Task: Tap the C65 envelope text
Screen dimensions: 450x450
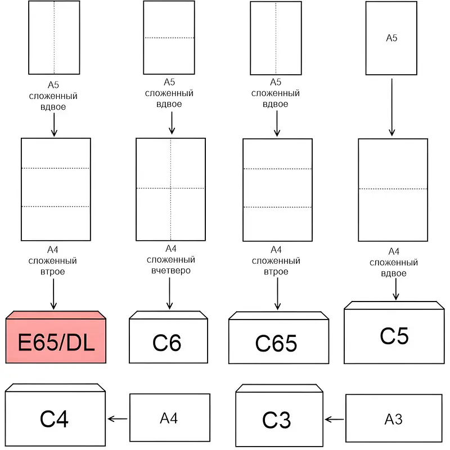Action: point(276,343)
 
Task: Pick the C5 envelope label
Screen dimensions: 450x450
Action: point(394,335)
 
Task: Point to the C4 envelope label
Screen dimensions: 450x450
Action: point(55,419)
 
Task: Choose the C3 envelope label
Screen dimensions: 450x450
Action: point(276,420)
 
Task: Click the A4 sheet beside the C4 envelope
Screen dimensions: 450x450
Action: point(169,418)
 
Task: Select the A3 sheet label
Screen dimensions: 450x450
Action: point(393,419)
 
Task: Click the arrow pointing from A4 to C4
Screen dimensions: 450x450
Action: point(118,418)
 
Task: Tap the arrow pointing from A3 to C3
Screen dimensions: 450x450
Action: point(334,419)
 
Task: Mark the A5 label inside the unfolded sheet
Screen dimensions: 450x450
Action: point(391,38)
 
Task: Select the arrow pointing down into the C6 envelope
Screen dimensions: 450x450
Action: point(169,294)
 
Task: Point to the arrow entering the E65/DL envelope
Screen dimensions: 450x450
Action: point(54,294)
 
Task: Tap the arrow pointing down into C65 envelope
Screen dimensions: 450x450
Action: point(276,294)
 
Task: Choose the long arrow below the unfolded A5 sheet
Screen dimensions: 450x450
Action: point(391,106)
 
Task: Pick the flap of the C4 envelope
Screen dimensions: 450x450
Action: point(55,388)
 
